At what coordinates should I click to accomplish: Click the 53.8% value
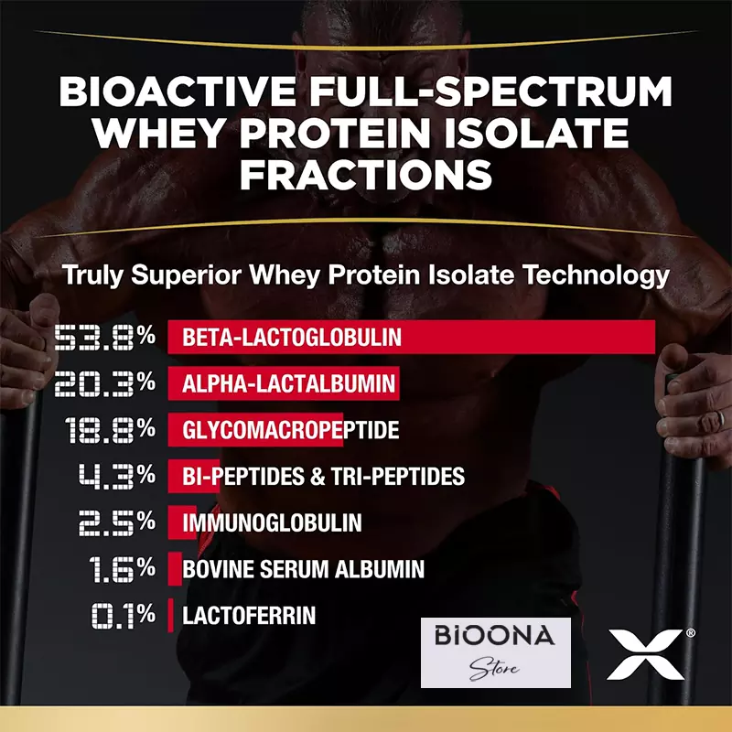tap(104, 337)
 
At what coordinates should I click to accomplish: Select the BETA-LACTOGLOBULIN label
tap(292, 337)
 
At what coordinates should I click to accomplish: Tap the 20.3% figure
tap(104, 383)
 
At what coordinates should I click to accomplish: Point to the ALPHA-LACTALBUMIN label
tap(288, 383)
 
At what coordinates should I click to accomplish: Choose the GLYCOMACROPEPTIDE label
tap(290, 430)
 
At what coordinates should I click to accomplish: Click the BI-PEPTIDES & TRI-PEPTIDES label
tap(323, 477)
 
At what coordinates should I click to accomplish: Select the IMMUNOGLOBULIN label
tap(272, 523)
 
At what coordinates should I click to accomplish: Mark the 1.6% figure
tap(122, 570)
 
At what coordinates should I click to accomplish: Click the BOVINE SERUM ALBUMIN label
tap(303, 570)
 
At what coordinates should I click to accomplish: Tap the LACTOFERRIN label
tap(249, 616)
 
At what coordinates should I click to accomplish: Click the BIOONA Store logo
tap(495, 652)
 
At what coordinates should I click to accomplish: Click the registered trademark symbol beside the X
tap(690, 632)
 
